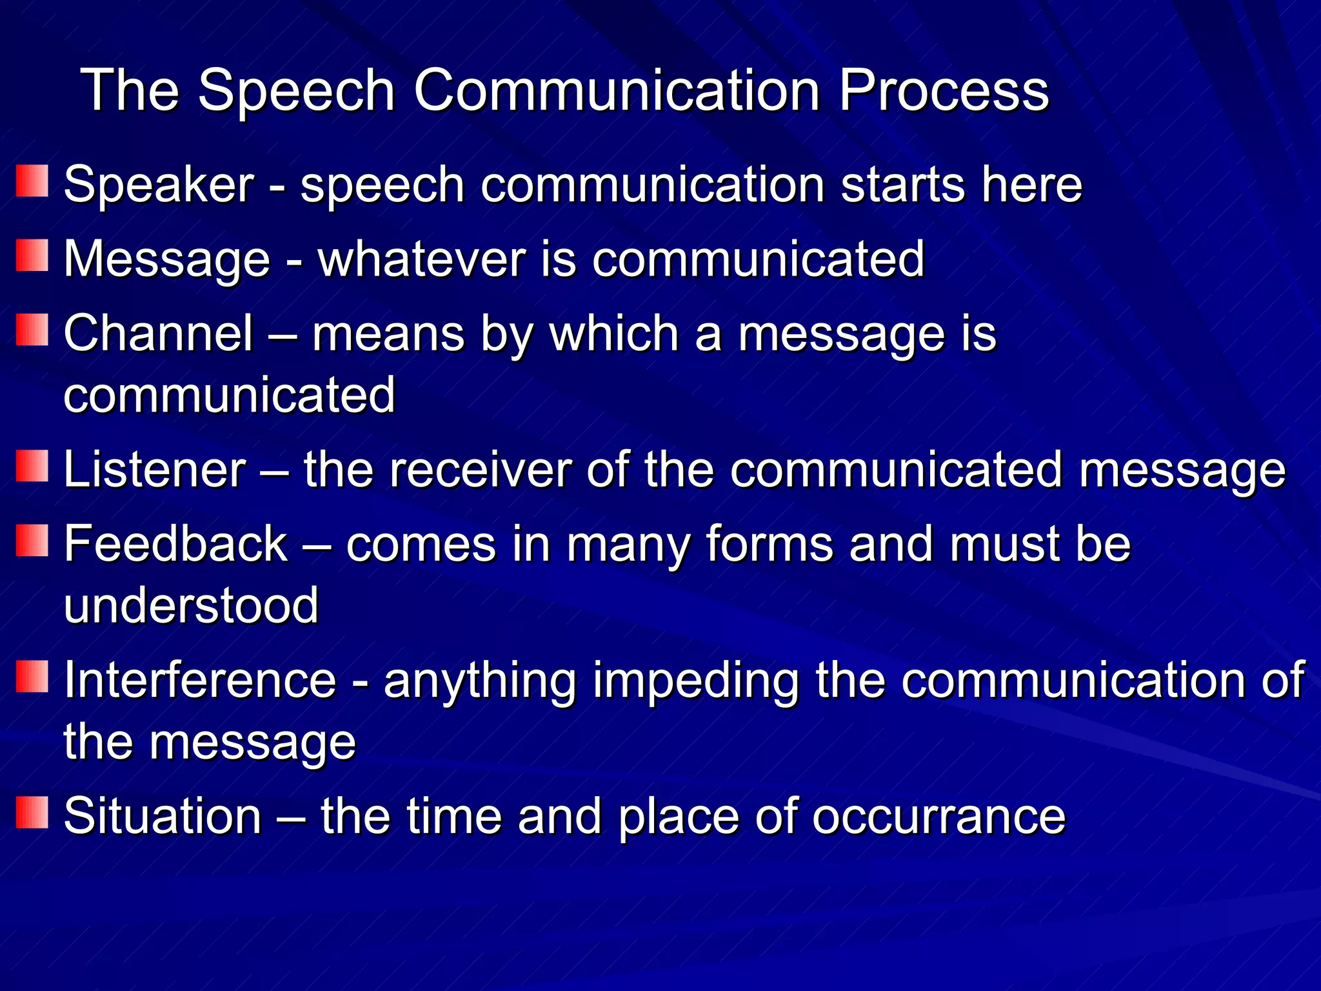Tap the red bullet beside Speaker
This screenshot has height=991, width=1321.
coord(32,181)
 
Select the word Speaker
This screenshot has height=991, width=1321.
coord(159,185)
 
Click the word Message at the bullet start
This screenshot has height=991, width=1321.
coord(166,260)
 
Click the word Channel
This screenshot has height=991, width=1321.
coord(159,334)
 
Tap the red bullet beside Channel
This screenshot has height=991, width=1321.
coord(32,330)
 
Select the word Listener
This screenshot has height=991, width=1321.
coord(155,470)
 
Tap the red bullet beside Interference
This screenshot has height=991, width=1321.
coord(32,676)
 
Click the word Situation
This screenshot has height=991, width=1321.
coord(163,816)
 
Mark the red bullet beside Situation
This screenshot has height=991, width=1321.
coord(32,812)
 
